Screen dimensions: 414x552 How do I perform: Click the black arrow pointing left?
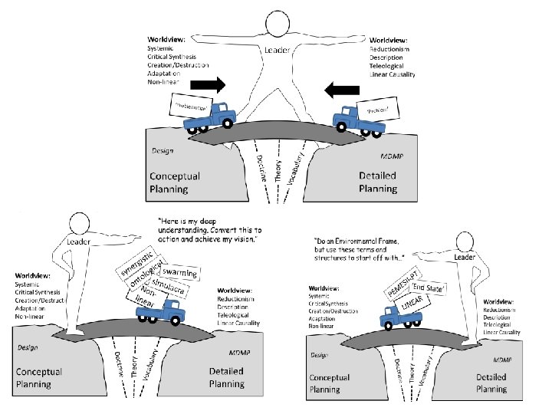click(x=341, y=90)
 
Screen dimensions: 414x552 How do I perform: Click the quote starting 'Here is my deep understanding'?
click(x=210, y=230)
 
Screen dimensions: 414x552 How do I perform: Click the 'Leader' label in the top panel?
click(x=277, y=51)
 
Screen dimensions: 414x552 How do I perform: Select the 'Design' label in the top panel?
click(x=162, y=151)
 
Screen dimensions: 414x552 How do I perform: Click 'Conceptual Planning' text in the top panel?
click(x=176, y=182)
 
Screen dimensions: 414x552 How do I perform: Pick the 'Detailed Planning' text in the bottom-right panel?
click(x=491, y=383)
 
